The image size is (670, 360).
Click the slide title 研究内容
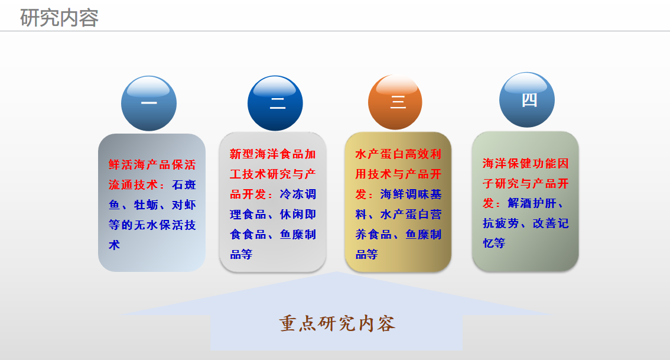60,18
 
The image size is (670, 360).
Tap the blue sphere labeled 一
149,103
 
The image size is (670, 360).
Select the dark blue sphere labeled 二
275,103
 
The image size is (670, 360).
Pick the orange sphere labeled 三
395,102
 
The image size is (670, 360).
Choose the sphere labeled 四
527,100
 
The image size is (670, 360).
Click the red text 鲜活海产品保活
152,164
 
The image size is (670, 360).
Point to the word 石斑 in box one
184,184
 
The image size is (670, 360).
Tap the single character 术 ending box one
114,245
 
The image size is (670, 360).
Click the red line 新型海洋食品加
272,154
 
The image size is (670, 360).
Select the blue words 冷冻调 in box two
298,194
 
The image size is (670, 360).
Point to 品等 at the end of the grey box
242,254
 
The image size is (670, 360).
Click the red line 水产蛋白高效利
398,154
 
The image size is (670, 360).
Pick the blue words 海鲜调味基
411,194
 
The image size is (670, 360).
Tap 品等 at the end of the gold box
367,254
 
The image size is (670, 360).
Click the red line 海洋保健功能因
526,163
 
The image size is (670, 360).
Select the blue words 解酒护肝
532,203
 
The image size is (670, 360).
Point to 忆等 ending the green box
494,244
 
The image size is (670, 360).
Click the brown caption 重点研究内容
337,324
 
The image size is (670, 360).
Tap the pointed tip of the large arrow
336,271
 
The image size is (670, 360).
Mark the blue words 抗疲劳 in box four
501,223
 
